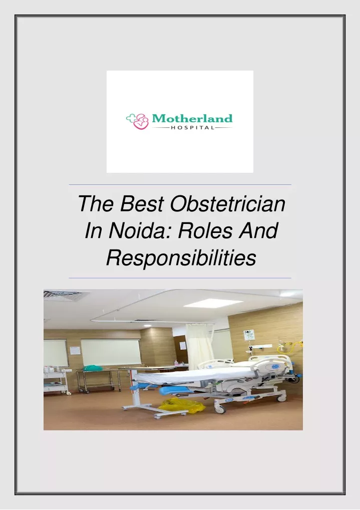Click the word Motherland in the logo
[192, 118]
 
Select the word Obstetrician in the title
[227, 204]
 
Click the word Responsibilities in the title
[181, 258]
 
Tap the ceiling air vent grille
[62, 296]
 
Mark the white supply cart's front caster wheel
[69, 393]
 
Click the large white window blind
[111, 353]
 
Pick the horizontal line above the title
[180, 185]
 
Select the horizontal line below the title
[180, 278]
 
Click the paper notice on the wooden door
[75, 351]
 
